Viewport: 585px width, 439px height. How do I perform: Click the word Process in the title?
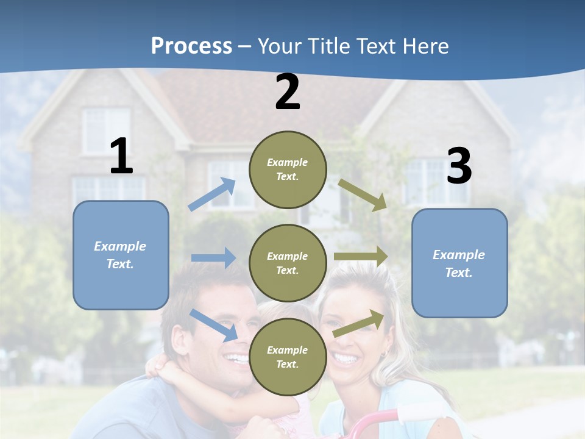coord(191,46)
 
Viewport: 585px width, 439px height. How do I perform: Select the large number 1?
coord(121,157)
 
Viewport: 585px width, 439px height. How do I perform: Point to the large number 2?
coord(288,93)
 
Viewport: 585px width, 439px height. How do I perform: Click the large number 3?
coord(459,166)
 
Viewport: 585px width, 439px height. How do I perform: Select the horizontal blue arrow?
coord(213,258)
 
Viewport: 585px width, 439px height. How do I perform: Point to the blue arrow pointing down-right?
coord(214,325)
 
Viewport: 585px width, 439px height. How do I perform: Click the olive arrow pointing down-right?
coord(363,195)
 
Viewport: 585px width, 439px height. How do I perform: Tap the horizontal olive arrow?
coord(361,257)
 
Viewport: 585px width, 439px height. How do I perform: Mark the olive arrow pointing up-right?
coord(359,323)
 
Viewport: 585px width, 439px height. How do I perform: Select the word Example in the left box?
coord(120,246)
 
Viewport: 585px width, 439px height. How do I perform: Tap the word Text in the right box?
coord(458,273)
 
